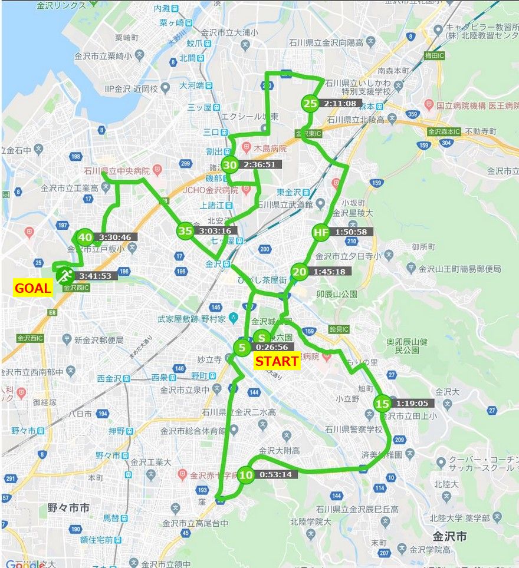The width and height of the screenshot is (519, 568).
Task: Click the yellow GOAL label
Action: point(32,289)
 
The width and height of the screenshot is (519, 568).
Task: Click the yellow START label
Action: point(277,361)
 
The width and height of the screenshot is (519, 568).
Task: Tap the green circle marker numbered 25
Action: point(310,104)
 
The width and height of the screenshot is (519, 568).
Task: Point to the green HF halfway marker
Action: point(320,233)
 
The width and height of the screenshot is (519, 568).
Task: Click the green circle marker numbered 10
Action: point(247,475)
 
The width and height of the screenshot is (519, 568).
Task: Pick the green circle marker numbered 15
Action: point(382,404)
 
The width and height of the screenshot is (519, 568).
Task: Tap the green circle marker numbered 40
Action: point(86,237)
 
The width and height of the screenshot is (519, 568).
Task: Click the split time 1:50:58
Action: point(350,233)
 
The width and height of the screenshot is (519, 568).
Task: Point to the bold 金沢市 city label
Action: point(449,537)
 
